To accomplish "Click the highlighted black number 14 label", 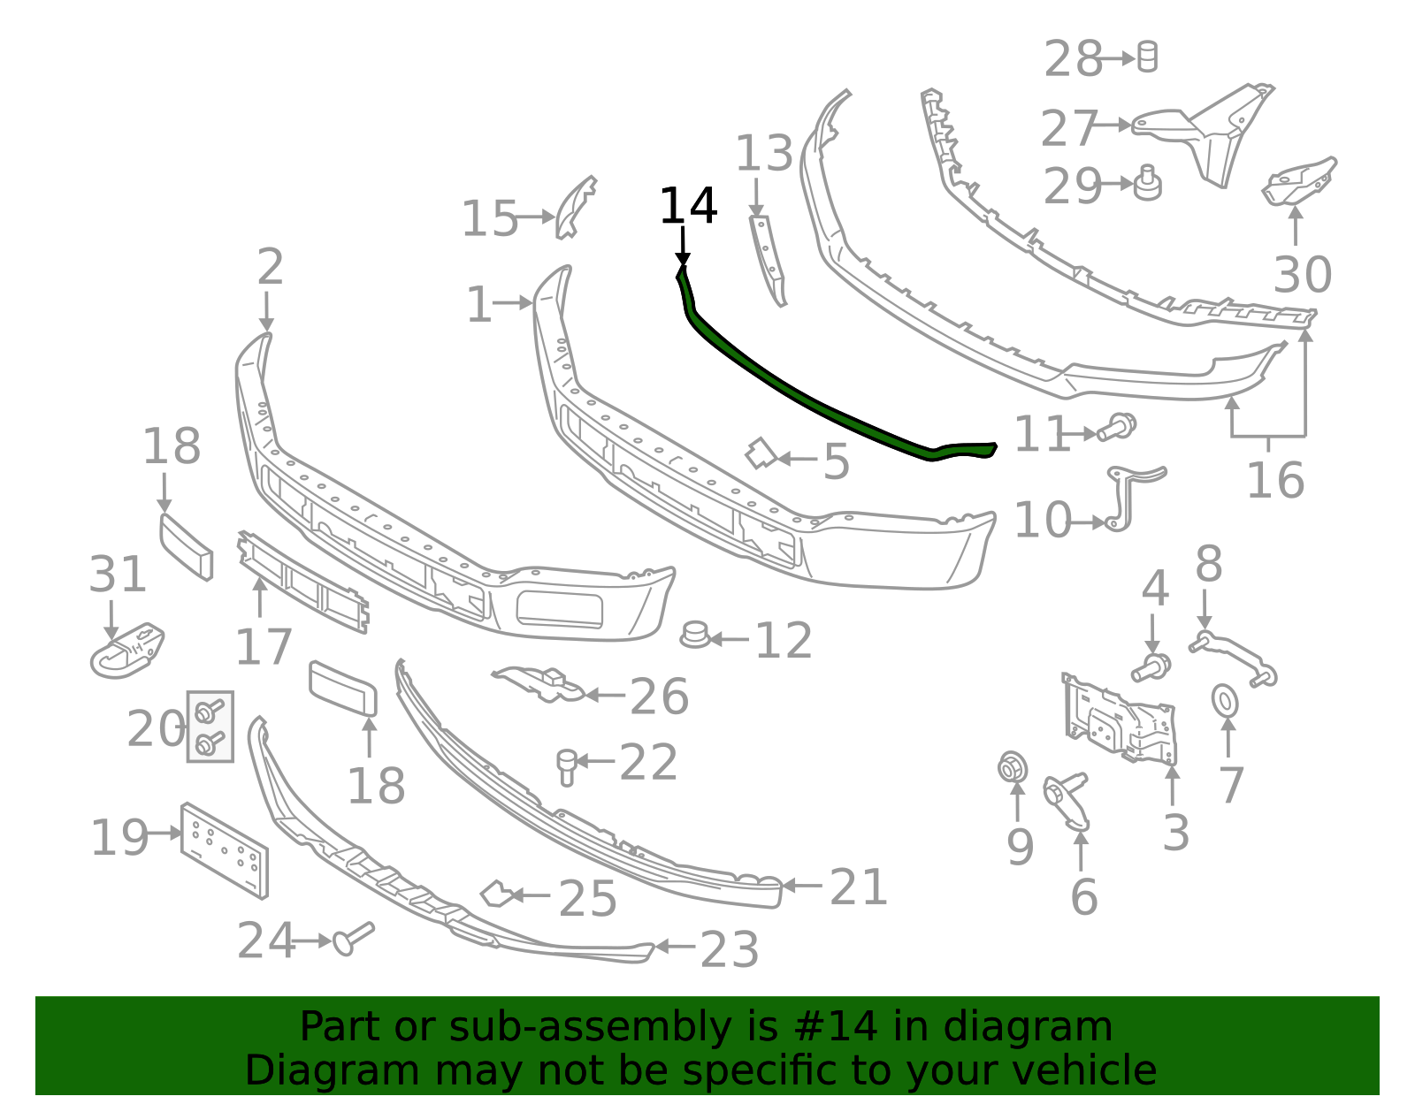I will (688, 206).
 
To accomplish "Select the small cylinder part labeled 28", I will (1147, 57).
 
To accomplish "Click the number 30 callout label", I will (1302, 275).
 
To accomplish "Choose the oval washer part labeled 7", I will (1225, 701).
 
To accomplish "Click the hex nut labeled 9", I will (1012, 767).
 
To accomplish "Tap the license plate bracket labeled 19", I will (225, 849).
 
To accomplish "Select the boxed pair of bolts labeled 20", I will (210, 727).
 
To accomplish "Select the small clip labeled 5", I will (760, 453).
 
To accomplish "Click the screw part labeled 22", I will (566, 765).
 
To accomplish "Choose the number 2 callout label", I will (270, 267).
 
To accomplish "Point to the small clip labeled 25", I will (495, 894).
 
